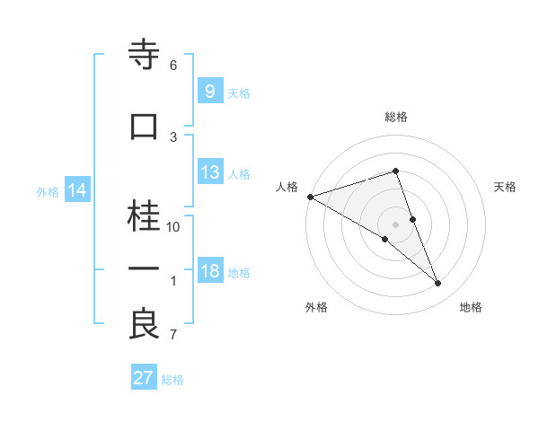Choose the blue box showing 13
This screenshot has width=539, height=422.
point(209,173)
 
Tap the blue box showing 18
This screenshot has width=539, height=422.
point(209,272)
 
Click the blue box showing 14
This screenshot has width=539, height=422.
point(76,191)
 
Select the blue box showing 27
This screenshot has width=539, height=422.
point(143,378)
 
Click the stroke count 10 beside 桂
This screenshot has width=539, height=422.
point(173,227)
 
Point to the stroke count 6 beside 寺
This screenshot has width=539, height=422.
point(173,66)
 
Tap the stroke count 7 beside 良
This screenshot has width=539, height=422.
point(173,336)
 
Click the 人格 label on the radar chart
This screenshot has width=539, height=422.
point(287,187)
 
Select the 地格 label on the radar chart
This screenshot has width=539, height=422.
point(471,308)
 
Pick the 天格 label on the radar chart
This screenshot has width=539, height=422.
point(505,187)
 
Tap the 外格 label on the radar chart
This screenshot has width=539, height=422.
point(316,308)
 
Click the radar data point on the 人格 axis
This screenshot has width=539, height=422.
point(310,197)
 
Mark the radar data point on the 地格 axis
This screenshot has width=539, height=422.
point(438,284)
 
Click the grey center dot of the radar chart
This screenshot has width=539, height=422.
point(395,224)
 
